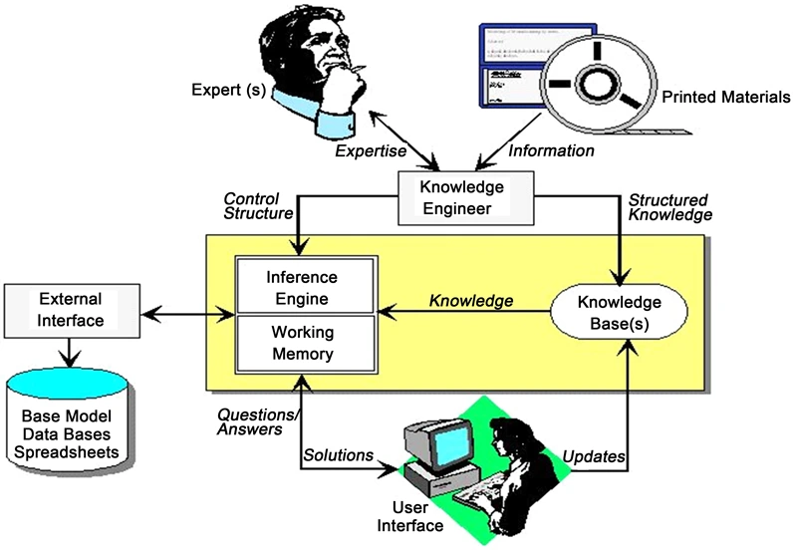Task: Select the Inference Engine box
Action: click(304, 286)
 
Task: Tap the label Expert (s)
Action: click(227, 93)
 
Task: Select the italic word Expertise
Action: click(370, 151)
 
